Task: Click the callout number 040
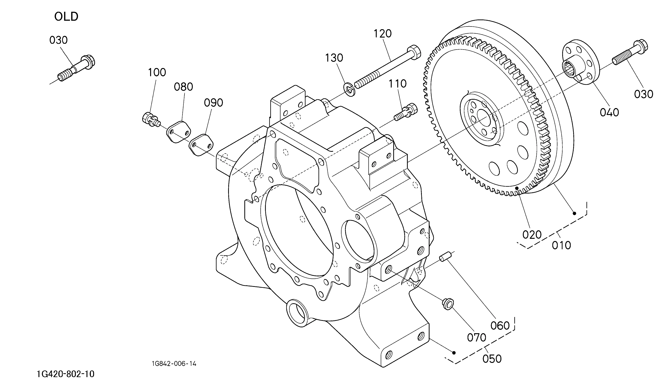pyautogui.click(x=609, y=113)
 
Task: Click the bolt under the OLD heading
pyautogui.click(x=77, y=68)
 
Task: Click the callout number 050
pyautogui.click(x=492, y=359)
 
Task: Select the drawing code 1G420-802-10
pyautogui.click(x=66, y=374)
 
